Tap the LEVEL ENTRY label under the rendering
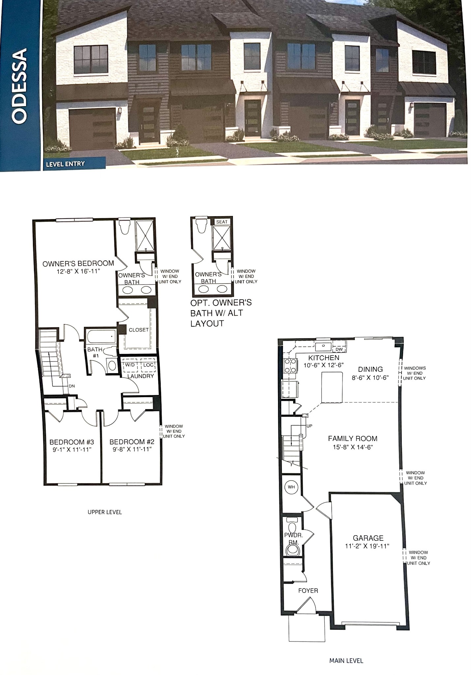click(65, 164)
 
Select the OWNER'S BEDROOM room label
click(78, 263)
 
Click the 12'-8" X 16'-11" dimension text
click(78, 271)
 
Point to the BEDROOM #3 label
click(72, 442)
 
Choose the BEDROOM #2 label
click(132, 442)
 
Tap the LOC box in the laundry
click(148, 365)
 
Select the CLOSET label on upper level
click(138, 330)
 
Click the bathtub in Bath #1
click(101, 337)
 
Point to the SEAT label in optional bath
click(222, 222)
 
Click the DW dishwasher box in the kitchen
click(339, 349)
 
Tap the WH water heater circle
click(291, 487)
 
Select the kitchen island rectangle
click(332, 387)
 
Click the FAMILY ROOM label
click(352, 438)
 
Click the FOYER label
click(308, 591)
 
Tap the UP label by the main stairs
click(309, 426)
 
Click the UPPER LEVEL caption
click(105, 512)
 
